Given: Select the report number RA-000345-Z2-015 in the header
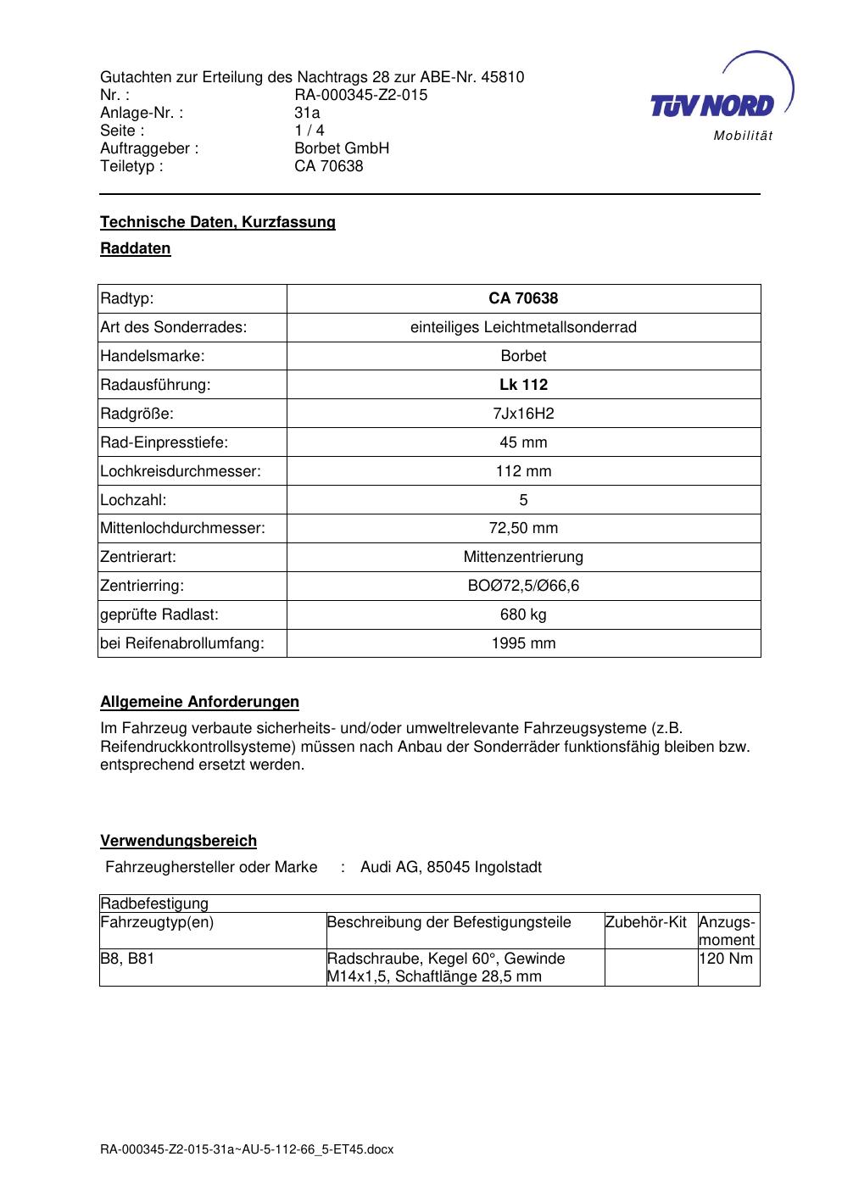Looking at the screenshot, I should tap(360, 95).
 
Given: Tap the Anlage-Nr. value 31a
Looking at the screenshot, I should tap(307, 113).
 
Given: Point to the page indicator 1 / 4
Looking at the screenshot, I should tap(309, 131).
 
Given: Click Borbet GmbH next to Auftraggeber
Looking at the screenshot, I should tap(342, 148).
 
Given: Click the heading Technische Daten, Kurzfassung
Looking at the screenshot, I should tap(218, 222).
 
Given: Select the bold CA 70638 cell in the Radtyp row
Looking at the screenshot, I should tap(523, 298).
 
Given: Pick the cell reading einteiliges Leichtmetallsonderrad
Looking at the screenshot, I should tap(523, 327).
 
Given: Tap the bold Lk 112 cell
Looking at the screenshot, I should tap(523, 385).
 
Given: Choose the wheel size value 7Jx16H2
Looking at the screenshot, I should tap(523, 414).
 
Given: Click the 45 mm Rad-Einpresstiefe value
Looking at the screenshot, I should tap(523, 442).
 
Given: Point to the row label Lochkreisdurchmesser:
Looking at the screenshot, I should tap(181, 471).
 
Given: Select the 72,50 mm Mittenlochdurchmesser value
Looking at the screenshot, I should tap(523, 528).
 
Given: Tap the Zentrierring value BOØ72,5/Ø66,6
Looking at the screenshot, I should tap(523, 586).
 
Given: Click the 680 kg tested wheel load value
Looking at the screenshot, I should tap(523, 614).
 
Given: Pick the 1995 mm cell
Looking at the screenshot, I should tap(523, 643).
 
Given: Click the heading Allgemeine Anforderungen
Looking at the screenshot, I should tap(199, 702).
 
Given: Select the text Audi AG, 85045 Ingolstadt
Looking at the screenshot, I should tap(450, 867).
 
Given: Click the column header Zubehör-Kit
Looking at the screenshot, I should tap(646, 922).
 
